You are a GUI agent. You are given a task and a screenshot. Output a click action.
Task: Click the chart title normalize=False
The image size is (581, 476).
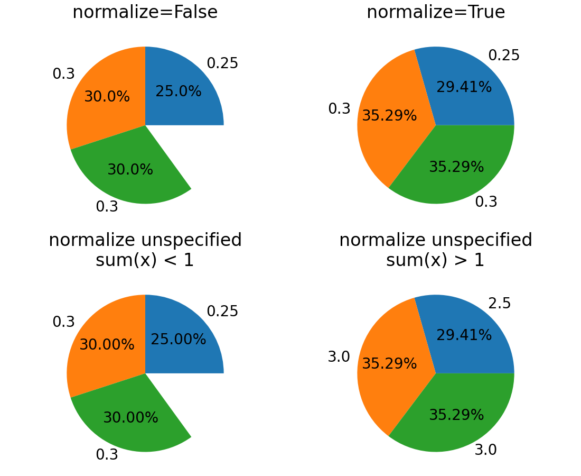click(x=145, y=12)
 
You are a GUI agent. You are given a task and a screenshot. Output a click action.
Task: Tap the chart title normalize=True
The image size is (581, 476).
click(x=436, y=12)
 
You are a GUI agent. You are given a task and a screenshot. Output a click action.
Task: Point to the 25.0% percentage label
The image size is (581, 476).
click(x=179, y=91)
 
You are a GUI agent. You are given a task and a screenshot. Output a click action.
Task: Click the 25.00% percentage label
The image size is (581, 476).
click(x=179, y=340)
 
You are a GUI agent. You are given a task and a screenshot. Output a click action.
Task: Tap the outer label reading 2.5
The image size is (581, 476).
click(x=499, y=304)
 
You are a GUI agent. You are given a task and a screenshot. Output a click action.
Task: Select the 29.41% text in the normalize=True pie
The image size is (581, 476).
click(x=464, y=87)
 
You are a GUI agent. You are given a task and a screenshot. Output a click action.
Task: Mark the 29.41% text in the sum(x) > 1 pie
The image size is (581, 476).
click(x=464, y=335)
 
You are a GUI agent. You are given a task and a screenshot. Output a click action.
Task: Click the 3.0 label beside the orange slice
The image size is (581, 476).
click(x=339, y=357)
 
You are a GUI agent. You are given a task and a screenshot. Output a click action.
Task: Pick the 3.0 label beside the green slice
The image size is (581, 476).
click(x=485, y=450)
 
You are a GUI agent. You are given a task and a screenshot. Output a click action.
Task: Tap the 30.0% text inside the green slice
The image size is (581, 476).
click(x=130, y=170)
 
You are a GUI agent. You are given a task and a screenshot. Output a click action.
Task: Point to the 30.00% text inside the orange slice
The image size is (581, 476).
click(x=107, y=345)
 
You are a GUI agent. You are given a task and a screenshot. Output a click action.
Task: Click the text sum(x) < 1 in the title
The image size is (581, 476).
click(x=145, y=260)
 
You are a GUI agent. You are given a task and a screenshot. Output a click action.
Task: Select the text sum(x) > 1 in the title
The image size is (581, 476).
click(x=435, y=260)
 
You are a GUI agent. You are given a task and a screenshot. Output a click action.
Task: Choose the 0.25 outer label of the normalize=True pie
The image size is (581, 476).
click(x=504, y=56)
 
